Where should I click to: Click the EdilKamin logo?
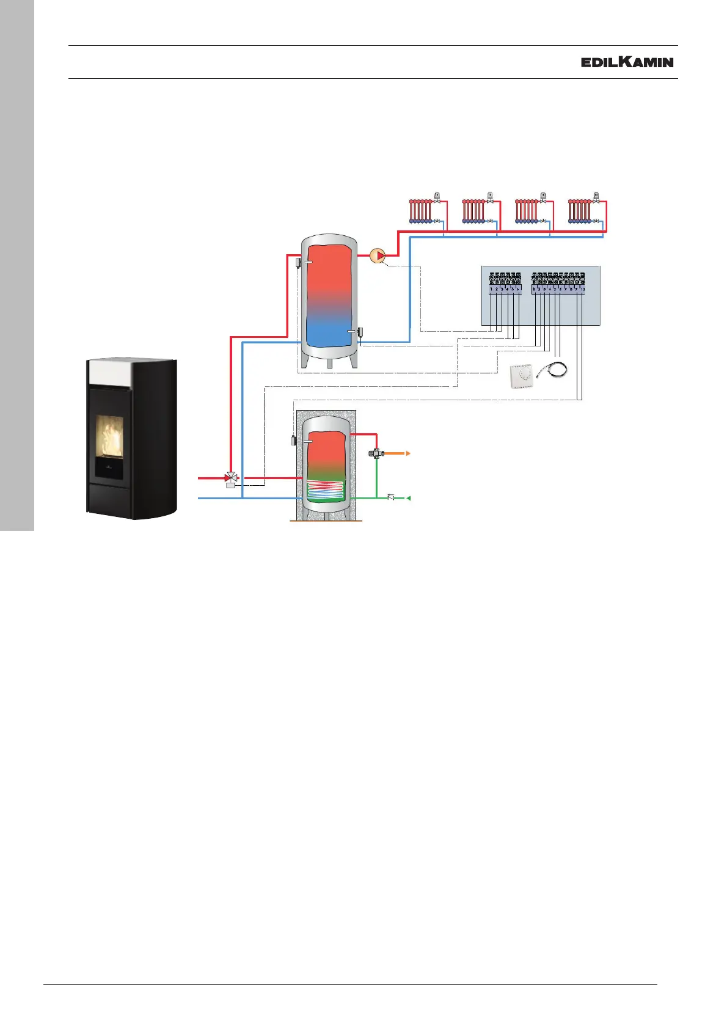pyautogui.click(x=627, y=62)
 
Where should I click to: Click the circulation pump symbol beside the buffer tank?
pyautogui.click(x=379, y=255)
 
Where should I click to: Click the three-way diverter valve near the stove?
pyautogui.click(x=232, y=477)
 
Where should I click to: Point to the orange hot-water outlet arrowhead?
pyautogui.click(x=407, y=453)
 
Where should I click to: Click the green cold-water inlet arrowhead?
pyautogui.click(x=408, y=498)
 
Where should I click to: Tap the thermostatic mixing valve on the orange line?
pyautogui.click(x=376, y=453)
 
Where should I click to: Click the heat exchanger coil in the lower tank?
pyautogui.click(x=326, y=489)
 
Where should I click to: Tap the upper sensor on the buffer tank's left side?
pyautogui.click(x=298, y=263)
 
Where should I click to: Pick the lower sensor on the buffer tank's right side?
pyautogui.click(x=360, y=332)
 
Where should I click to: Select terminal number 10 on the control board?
pyautogui.click(x=582, y=288)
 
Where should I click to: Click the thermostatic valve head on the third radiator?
pyautogui.click(x=543, y=196)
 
